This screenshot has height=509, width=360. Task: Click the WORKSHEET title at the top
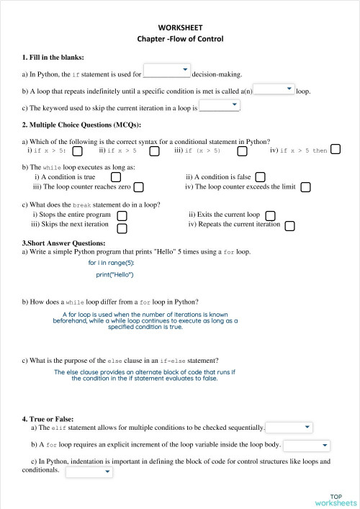(x=180, y=27)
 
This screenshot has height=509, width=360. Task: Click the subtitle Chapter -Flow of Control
(x=180, y=38)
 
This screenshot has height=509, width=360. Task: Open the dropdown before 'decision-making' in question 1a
(x=167, y=71)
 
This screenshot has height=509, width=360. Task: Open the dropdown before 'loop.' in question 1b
(x=274, y=89)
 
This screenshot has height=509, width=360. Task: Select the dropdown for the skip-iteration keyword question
(x=219, y=106)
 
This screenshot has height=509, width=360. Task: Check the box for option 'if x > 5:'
(x=77, y=151)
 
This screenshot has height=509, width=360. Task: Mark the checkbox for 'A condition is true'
(x=115, y=176)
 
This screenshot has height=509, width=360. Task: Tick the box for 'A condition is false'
(x=261, y=176)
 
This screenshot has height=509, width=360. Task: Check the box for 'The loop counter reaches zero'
(x=139, y=187)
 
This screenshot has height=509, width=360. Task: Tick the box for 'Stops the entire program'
(x=122, y=215)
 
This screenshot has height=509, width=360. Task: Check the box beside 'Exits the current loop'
(x=270, y=215)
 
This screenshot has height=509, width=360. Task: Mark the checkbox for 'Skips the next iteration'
(x=122, y=228)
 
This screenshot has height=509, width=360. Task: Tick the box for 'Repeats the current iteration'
(x=289, y=226)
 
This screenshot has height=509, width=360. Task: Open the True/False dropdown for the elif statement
(x=289, y=428)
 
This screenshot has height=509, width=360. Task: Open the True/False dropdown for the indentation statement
(x=89, y=472)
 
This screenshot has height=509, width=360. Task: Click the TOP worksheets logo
(x=336, y=499)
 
